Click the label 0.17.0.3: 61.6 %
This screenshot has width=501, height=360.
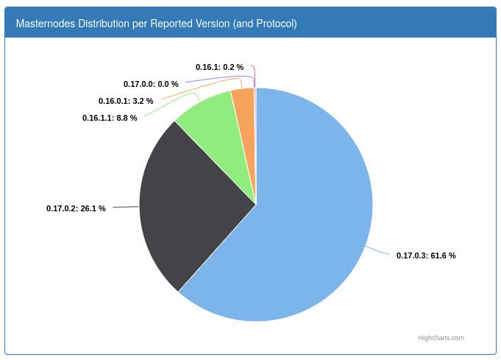(x=426, y=255)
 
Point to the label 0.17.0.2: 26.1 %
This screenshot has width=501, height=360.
(x=76, y=208)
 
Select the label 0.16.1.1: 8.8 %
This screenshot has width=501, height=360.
(x=110, y=118)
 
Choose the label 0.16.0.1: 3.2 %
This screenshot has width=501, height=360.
(x=126, y=101)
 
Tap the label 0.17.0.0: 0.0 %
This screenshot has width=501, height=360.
(x=151, y=84)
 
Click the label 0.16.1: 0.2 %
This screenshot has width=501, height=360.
(x=219, y=67)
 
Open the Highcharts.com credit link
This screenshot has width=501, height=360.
(x=441, y=338)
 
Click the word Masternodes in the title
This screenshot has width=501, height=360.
(x=46, y=24)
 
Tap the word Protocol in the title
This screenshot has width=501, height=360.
(x=277, y=24)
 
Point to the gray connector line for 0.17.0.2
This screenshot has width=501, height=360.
(x=126, y=207)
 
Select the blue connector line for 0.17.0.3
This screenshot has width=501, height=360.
(x=377, y=250)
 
